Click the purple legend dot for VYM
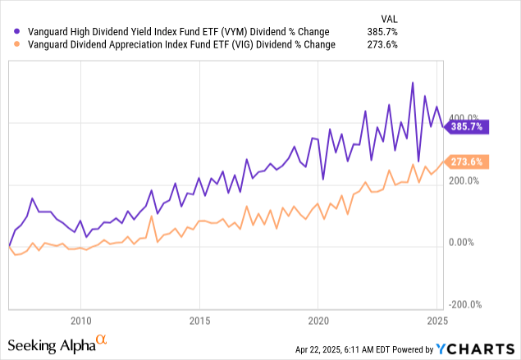pos(7,31)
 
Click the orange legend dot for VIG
pos(7,44)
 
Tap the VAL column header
pos(388,17)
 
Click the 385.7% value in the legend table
pos(383,31)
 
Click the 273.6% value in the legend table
pos(383,44)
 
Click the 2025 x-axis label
pos(436,319)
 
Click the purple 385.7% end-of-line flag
pos(467,126)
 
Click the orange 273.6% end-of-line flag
pos(467,162)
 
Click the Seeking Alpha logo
pos(57,344)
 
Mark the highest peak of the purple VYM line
pos(413,82)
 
